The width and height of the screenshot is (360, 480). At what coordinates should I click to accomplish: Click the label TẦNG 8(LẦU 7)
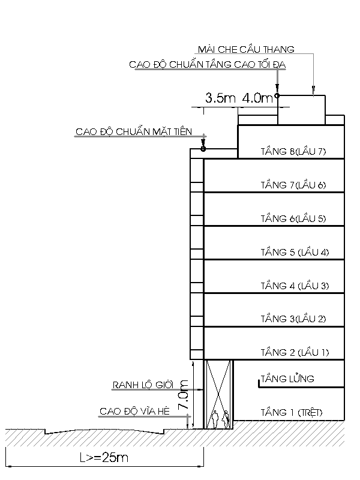[x=293, y=151]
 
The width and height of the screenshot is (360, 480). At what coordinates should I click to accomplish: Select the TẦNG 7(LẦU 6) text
[x=293, y=185]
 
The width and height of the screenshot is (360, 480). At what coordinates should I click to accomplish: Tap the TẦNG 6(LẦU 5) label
[x=293, y=218]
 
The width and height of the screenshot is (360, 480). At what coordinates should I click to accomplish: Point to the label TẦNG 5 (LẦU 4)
[x=295, y=252]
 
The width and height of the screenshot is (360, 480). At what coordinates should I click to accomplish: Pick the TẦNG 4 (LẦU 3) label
[x=295, y=286]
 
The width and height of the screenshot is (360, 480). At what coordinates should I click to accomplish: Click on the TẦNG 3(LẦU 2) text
[x=293, y=319]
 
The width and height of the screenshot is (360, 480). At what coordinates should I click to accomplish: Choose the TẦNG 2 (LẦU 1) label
[x=295, y=352]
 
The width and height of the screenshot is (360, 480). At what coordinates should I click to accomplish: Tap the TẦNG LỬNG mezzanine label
[x=287, y=379]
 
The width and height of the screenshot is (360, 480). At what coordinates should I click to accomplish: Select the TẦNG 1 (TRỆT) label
[x=292, y=412]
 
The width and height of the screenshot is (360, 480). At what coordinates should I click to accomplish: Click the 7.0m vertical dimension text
[x=184, y=395]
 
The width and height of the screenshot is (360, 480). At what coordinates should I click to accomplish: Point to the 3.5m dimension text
[x=220, y=98]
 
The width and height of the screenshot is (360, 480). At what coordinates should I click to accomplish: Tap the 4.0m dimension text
[x=257, y=98]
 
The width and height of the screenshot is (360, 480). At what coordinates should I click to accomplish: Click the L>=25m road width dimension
[x=104, y=458]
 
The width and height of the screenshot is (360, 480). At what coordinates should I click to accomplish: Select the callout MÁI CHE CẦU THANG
[x=246, y=49]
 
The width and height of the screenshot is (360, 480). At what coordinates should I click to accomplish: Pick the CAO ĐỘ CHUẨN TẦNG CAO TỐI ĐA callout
[x=208, y=65]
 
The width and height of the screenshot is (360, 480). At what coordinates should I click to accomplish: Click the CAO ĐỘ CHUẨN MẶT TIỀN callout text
[x=134, y=131]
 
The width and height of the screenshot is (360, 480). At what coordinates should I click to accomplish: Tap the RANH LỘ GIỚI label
[x=143, y=385]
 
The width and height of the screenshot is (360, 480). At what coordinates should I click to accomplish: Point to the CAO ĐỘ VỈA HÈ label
[x=134, y=411]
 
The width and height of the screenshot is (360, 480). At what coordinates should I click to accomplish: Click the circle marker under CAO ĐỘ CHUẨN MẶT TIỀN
[x=203, y=149]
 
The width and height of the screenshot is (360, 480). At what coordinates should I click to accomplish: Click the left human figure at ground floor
[x=215, y=419]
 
